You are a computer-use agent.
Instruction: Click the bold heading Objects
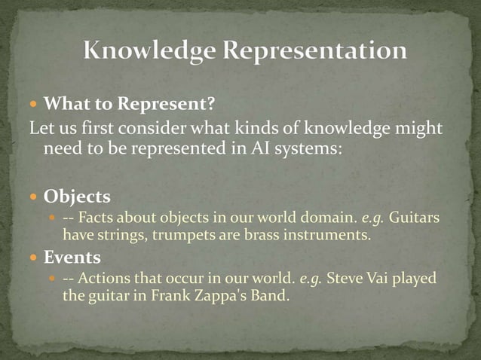point(77,197)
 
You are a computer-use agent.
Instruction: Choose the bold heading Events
point(72,258)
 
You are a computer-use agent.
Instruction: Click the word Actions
point(105,279)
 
